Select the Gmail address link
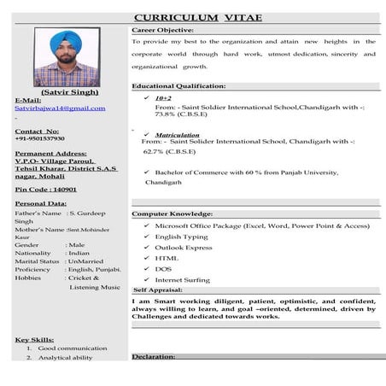[x=60, y=108]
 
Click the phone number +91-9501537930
[x=40, y=138]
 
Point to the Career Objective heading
[x=164, y=30]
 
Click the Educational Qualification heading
[x=178, y=86]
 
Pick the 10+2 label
[x=163, y=98]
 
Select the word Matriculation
[x=178, y=135]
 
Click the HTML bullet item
[x=167, y=257]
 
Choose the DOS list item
[x=162, y=268]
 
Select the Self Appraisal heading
[x=157, y=290]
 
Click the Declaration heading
[x=154, y=356]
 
